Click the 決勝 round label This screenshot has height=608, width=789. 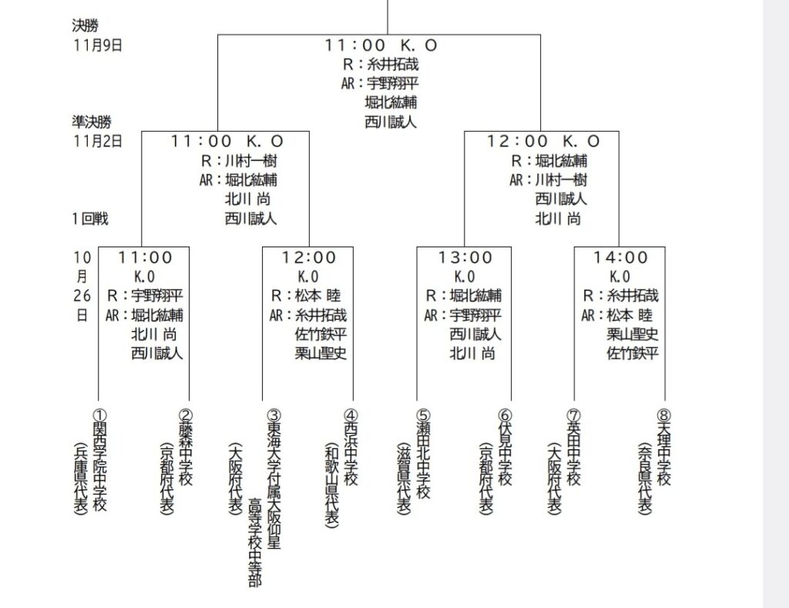86,25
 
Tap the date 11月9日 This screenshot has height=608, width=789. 98,45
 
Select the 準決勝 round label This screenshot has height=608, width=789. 92,122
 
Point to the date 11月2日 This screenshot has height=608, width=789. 98,141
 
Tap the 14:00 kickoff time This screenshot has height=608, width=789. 621,257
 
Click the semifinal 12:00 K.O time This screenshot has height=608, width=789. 543,141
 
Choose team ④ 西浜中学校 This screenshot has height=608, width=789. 351,446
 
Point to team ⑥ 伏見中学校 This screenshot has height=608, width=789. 505,446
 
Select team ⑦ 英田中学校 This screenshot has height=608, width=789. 572,446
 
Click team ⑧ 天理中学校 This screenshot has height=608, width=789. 664,446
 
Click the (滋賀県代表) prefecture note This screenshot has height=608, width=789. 404,479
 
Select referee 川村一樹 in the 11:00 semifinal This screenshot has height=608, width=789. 251,161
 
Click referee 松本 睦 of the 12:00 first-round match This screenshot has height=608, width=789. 317,296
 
